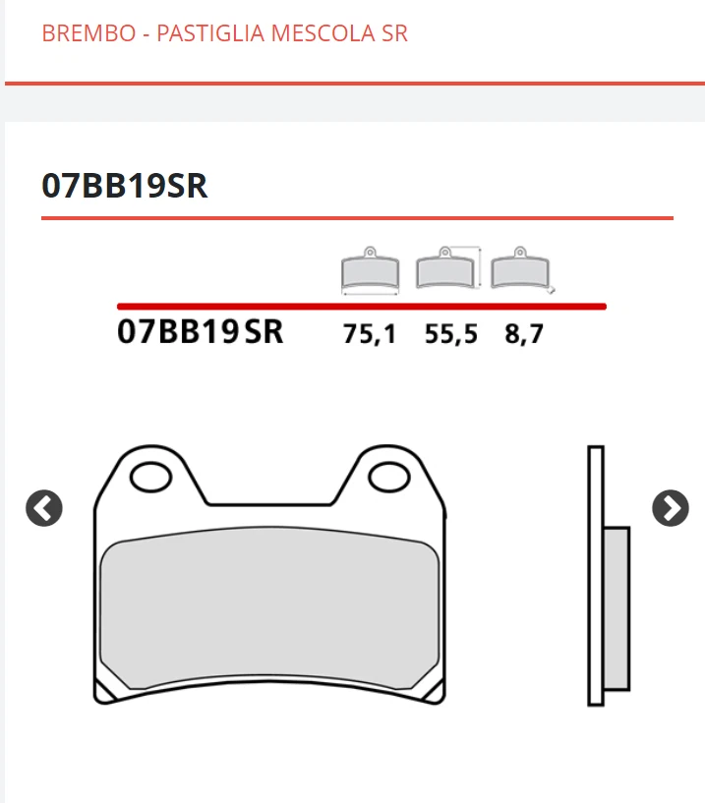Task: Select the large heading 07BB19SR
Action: pyautogui.click(x=125, y=186)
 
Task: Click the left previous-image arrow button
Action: pyautogui.click(x=44, y=508)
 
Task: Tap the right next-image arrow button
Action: pyautogui.click(x=671, y=508)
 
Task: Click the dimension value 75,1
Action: pyautogui.click(x=370, y=334)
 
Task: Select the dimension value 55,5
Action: pyautogui.click(x=451, y=334)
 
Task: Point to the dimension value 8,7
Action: pyautogui.click(x=524, y=334)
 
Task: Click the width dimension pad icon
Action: pyautogui.click(x=370, y=271)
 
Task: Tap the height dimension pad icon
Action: pyautogui.click(x=446, y=269)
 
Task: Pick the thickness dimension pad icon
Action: pyautogui.click(x=521, y=270)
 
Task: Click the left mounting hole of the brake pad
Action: pyautogui.click(x=150, y=479)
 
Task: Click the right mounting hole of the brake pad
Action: pyautogui.click(x=387, y=479)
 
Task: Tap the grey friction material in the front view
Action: pyautogui.click(x=269, y=609)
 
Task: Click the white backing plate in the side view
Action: pyautogui.click(x=595, y=491)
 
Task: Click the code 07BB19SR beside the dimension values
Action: pyautogui.click(x=200, y=332)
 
